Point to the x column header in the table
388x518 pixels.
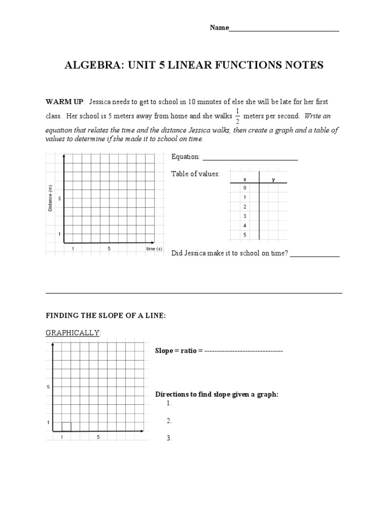click(245, 179)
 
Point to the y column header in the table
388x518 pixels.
click(273, 179)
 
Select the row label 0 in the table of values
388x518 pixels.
click(245, 188)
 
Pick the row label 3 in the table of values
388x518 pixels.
click(245, 216)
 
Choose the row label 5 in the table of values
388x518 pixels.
click(245, 235)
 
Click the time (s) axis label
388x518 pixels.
click(154, 249)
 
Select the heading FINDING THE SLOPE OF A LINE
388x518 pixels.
click(106, 316)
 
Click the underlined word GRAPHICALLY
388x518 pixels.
click(73, 332)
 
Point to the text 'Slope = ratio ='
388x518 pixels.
click(178, 351)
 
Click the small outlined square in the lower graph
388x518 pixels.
click(66, 426)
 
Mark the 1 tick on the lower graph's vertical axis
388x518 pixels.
click(47, 422)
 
